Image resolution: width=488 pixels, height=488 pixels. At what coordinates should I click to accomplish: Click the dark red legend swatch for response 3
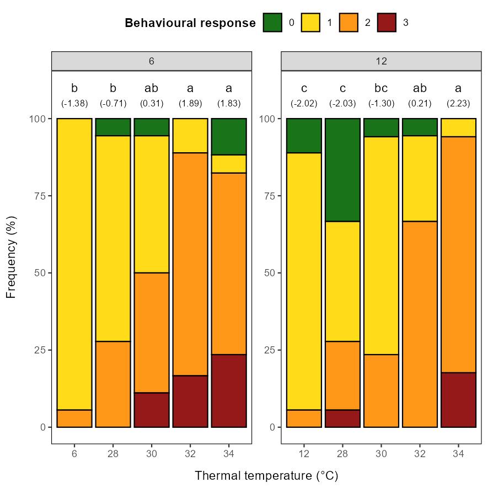(x=387, y=23)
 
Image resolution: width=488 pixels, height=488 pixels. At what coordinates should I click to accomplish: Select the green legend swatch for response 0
(x=272, y=23)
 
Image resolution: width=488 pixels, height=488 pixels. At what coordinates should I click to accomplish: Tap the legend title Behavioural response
(x=190, y=23)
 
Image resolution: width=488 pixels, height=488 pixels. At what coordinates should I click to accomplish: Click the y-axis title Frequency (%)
(x=12, y=257)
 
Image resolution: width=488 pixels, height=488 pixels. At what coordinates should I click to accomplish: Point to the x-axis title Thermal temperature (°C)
(x=266, y=475)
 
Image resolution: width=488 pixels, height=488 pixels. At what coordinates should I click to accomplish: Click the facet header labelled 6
(x=152, y=61)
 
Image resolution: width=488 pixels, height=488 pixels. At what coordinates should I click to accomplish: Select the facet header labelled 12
(x=381, y=61)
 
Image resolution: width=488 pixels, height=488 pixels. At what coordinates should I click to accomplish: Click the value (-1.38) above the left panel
(x=74, y=104)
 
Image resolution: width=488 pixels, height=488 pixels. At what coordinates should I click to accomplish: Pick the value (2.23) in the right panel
(x=458, y=104)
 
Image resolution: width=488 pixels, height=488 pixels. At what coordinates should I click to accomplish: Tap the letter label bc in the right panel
(x=381, y=88)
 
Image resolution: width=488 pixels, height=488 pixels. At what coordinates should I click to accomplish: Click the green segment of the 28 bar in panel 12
(x=342, y=170)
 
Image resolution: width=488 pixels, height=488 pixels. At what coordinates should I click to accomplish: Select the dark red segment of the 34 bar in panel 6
(x=229, y=390)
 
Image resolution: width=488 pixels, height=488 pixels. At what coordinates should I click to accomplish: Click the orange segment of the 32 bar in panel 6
(x=190, y=264)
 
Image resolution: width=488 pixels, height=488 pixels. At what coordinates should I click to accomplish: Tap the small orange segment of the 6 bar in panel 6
(x=74, y=419)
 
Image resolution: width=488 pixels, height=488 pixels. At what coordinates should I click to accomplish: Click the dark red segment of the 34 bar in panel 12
(x=458, y=400)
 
